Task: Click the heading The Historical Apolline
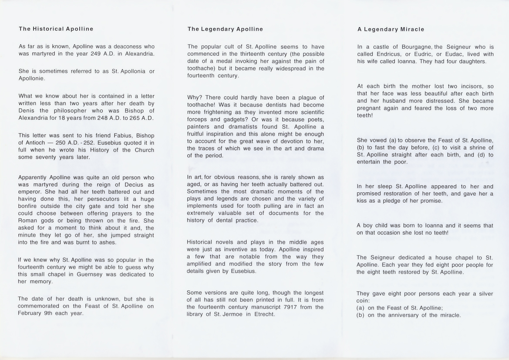[x=56, y=29]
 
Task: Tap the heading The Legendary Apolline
[x=225, y=29]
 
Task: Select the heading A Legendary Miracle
[x=391, y=29]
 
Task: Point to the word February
[x=30, y=313]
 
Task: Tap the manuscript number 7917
[x=286, y=307]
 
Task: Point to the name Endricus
[x=391, y=54]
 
